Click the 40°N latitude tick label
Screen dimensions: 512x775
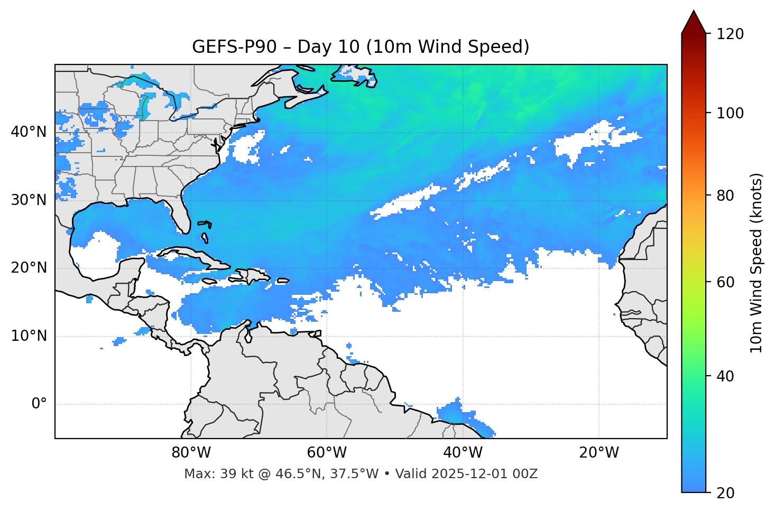click(29, 132)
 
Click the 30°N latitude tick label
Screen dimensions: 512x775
click(29, 200)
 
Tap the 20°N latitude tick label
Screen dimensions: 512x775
click(29, 268)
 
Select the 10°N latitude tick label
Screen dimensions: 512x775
click(29, 336)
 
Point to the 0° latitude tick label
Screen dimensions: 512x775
click(39, 404)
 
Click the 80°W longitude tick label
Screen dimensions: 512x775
click(191, 453)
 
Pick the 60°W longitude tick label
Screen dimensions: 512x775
click(327, 453)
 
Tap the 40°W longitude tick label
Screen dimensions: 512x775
click(463, 453)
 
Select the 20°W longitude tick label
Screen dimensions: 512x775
click(599, 453)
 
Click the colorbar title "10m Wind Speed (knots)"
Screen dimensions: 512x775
click(756, 263)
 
